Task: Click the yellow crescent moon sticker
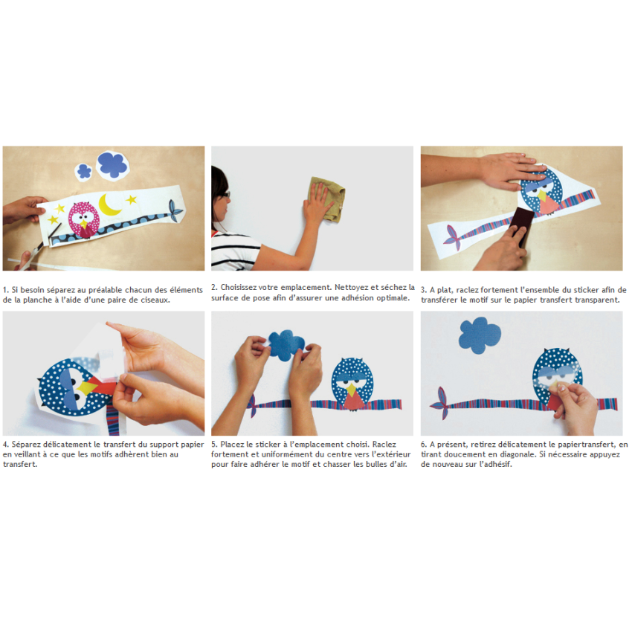coord(108,205)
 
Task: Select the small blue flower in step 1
coord(84,171)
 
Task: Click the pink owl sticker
coord(83,220)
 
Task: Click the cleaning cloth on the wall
coord(326,199)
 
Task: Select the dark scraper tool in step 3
coord(522,226)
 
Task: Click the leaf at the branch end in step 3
coord(454,238)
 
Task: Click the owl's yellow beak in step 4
coord(87,387)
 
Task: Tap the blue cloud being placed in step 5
coord(286,344)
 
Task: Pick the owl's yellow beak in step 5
coord(352,390)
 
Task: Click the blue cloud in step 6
coord(480,335)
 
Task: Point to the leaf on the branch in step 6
coord(442,403)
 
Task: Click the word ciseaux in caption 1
coord(155,300)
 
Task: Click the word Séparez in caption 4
coord(26,445)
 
